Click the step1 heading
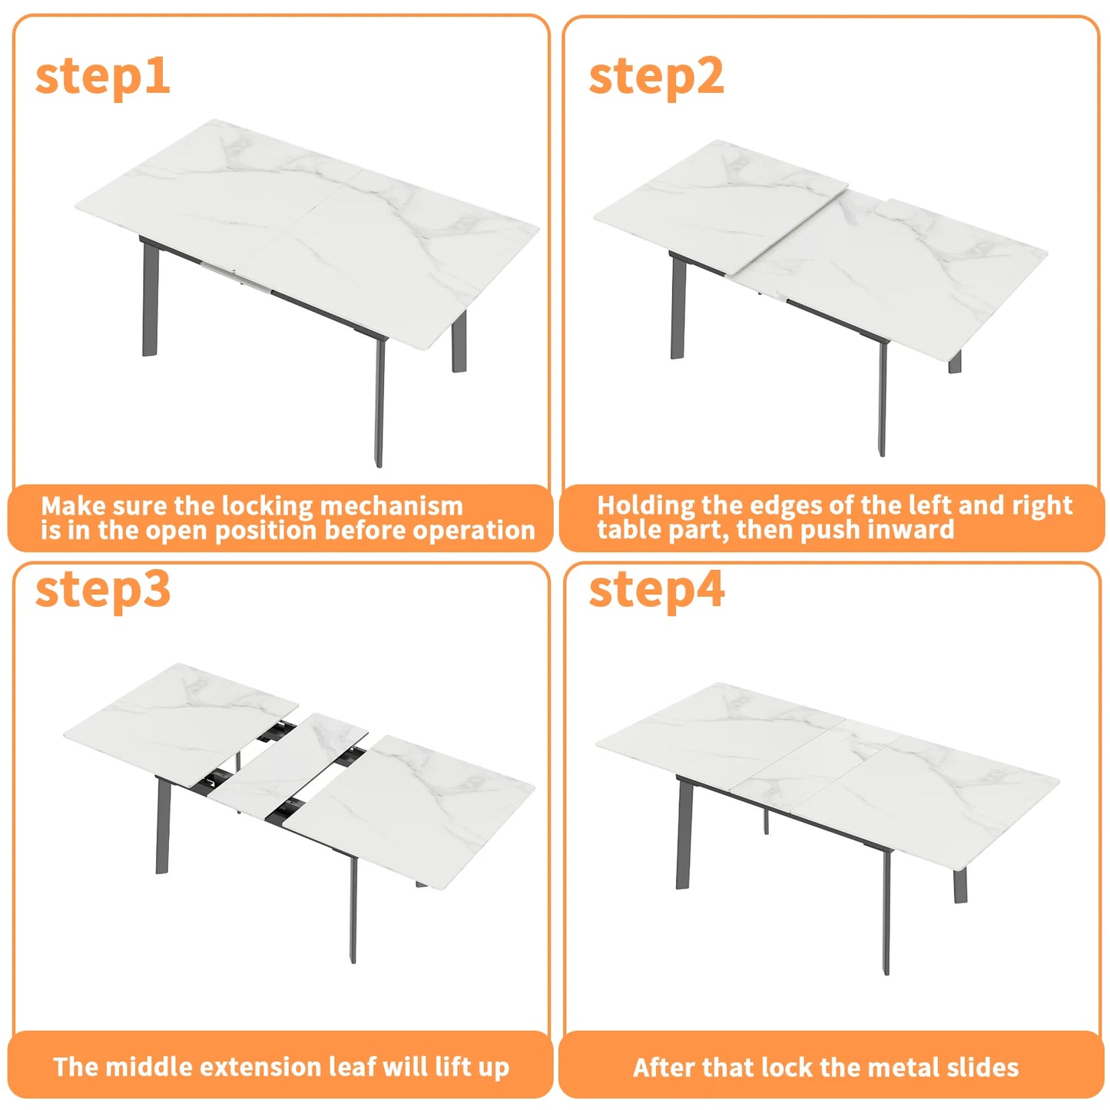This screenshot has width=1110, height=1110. click(102, 76)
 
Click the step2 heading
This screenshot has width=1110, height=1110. click(656, 76)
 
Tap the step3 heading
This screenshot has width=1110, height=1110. click(102, 589)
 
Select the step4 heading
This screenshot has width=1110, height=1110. click(656, 589)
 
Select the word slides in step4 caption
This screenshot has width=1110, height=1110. click(983, 1067)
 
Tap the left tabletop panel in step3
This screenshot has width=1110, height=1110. click(181, 722)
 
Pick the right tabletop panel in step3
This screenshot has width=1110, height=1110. click(419, 807)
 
